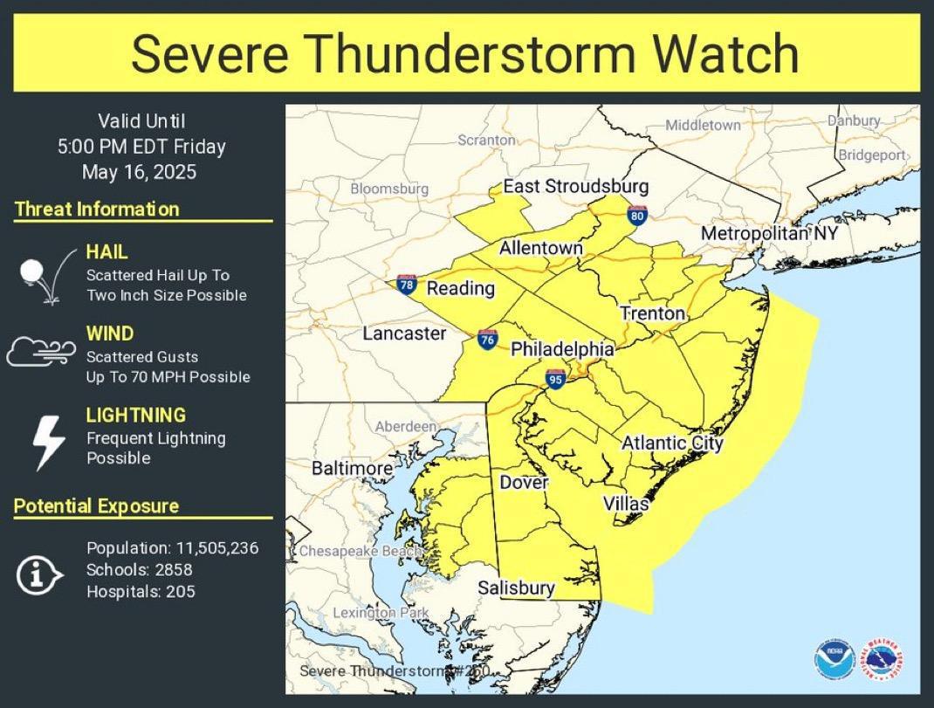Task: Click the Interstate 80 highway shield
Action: tap(637, 215)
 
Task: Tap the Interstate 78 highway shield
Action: tap(406, 285)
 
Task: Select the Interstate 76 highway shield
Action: tap(488, 340)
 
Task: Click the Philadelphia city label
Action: tap(562, 349)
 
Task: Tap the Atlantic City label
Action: tap(672, 443)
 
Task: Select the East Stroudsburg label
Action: tap(575, 187)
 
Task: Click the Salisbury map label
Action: tap(516, 588)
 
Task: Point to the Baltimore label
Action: tap(352, 469)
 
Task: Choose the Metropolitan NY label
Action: tap(769, 234)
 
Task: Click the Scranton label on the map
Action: tap(486, 140)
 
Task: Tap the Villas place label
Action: tap(626, 505)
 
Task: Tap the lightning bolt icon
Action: tap(48, 442)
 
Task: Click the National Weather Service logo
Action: tap(882, 659)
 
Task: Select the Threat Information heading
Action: tap(97, 210)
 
